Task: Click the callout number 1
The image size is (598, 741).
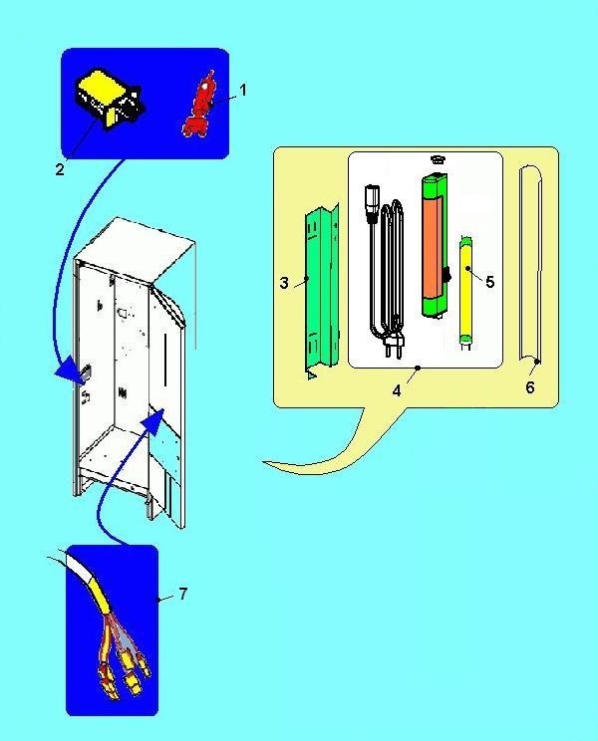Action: [243, 90]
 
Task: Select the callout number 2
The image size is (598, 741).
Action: [60, 169]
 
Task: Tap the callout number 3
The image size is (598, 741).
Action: [284, 283]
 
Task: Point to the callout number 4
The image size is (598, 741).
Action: [397, 390]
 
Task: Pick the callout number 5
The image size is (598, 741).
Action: [489, 282]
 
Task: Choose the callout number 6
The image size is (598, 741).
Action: [530, 387]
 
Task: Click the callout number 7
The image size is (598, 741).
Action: [183, 593]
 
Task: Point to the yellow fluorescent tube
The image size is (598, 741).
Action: [466, 292]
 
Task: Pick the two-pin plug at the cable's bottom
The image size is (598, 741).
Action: [394, 342]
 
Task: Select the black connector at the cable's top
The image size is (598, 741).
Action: [372, 204]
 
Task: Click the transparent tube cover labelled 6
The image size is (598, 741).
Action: [530, 265]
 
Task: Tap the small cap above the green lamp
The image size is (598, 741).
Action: [438, 159]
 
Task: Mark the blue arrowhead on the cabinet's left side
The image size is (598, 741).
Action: [72, 369]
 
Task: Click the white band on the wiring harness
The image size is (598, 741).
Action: [81, 566]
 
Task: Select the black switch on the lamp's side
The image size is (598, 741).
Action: [446, 276]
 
